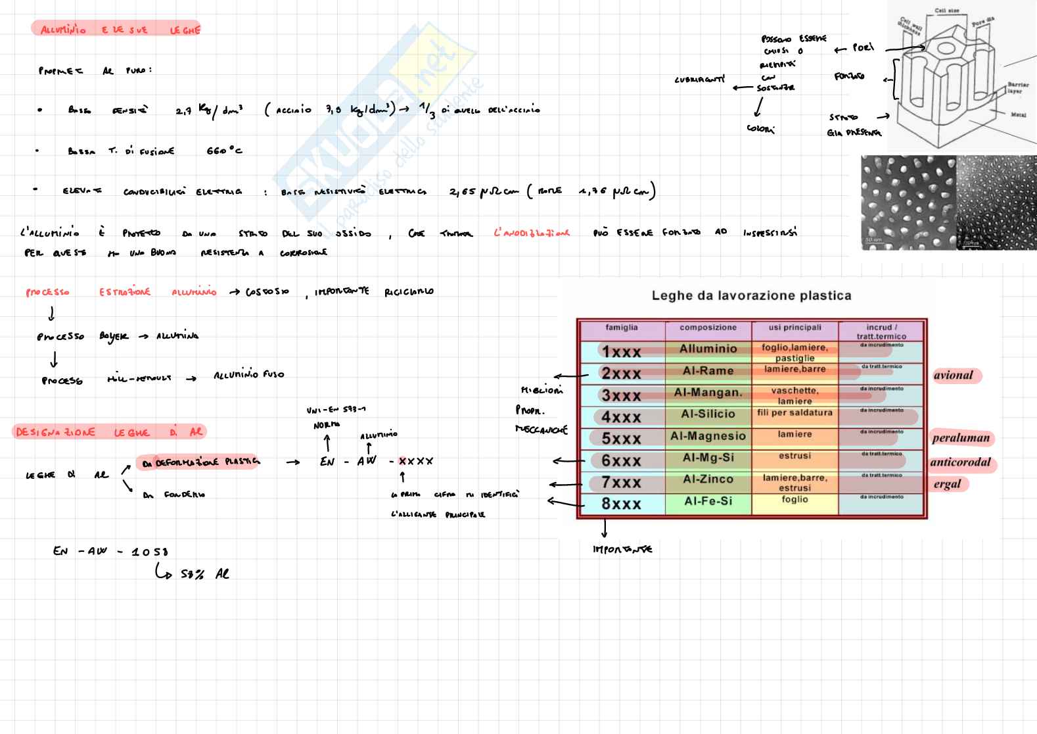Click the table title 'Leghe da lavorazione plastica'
751,296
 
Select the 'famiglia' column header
621,328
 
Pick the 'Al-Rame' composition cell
708,371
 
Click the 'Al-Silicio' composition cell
708,414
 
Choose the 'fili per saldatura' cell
795,413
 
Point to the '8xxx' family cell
621,504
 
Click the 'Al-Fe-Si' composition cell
708,501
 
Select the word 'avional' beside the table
953,376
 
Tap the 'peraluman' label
961,438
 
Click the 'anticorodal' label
960,462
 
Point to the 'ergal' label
947,485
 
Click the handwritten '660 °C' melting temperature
224,151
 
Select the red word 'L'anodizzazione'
532,233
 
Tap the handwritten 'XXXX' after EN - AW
415,462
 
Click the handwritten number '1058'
150,552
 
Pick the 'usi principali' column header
795,328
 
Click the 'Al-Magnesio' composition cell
708,436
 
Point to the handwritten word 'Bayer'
114,336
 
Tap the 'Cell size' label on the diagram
946,11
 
